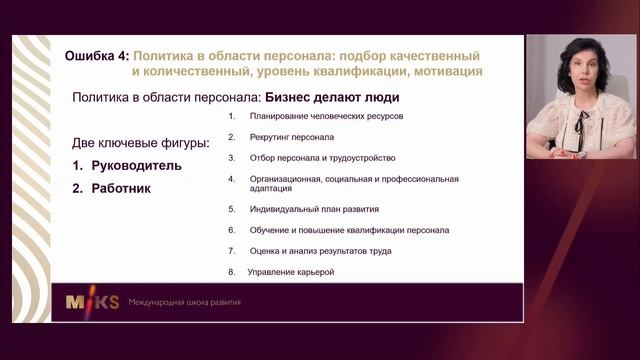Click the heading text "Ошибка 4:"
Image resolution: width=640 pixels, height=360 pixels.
(x=95, y=55)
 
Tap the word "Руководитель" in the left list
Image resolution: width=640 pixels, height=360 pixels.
(x=136, y=165)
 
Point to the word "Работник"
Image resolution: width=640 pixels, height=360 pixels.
(x=120, y=187)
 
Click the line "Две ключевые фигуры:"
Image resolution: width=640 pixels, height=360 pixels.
(x=141, y=143)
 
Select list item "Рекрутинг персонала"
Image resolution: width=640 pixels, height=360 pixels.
(x=292, y=137)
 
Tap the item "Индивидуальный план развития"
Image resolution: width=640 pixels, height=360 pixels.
(x=314, y=210)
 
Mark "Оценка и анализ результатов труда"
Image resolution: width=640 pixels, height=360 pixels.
(x=321, y=251)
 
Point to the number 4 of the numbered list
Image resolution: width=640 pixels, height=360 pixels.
(x=230, y=179)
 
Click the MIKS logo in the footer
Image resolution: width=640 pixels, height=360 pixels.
(x=91, y=302)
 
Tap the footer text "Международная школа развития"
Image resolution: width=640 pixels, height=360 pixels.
(x=184, y=302)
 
